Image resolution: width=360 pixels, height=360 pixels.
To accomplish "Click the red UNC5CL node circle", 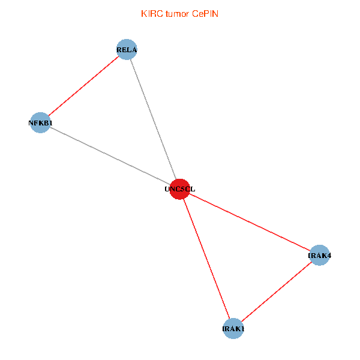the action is pos(180,189).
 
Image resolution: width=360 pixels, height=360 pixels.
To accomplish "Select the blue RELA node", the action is pos(127,49).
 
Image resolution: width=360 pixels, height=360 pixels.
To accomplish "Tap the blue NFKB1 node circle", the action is pos(40,123).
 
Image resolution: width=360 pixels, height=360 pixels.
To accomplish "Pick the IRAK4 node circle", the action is pos(319,256).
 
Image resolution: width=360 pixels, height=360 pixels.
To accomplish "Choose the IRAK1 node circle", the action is pos(233,329).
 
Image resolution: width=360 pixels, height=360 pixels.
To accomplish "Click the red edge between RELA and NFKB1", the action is pos(83,86).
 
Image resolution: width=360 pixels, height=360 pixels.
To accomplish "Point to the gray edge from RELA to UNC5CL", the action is pos(154,119).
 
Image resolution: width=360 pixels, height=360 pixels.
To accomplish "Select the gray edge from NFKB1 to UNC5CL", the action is pos(110,156).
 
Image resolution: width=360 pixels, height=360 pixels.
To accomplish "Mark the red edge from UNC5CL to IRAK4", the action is pos(250,222).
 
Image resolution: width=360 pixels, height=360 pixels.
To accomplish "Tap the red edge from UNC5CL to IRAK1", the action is pos(206,259).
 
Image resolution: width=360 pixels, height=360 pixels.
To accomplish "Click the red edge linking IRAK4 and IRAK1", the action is pos(276,292).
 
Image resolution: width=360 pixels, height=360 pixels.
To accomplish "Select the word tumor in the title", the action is pos(178,14).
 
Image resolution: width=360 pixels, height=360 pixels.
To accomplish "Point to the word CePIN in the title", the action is pos(205,14).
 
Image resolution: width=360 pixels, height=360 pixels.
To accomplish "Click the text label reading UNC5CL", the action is pos(180,189).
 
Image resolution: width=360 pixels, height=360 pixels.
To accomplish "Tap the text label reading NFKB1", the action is pos(40,123).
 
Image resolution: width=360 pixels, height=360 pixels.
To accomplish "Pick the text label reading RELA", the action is pos(127,50).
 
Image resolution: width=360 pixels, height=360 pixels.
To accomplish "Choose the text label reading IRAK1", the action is pos(233,329).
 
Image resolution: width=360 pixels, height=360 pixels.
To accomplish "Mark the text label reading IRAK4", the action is pos(320,256).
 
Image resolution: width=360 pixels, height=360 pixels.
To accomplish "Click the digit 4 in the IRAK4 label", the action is pos(329,256).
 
